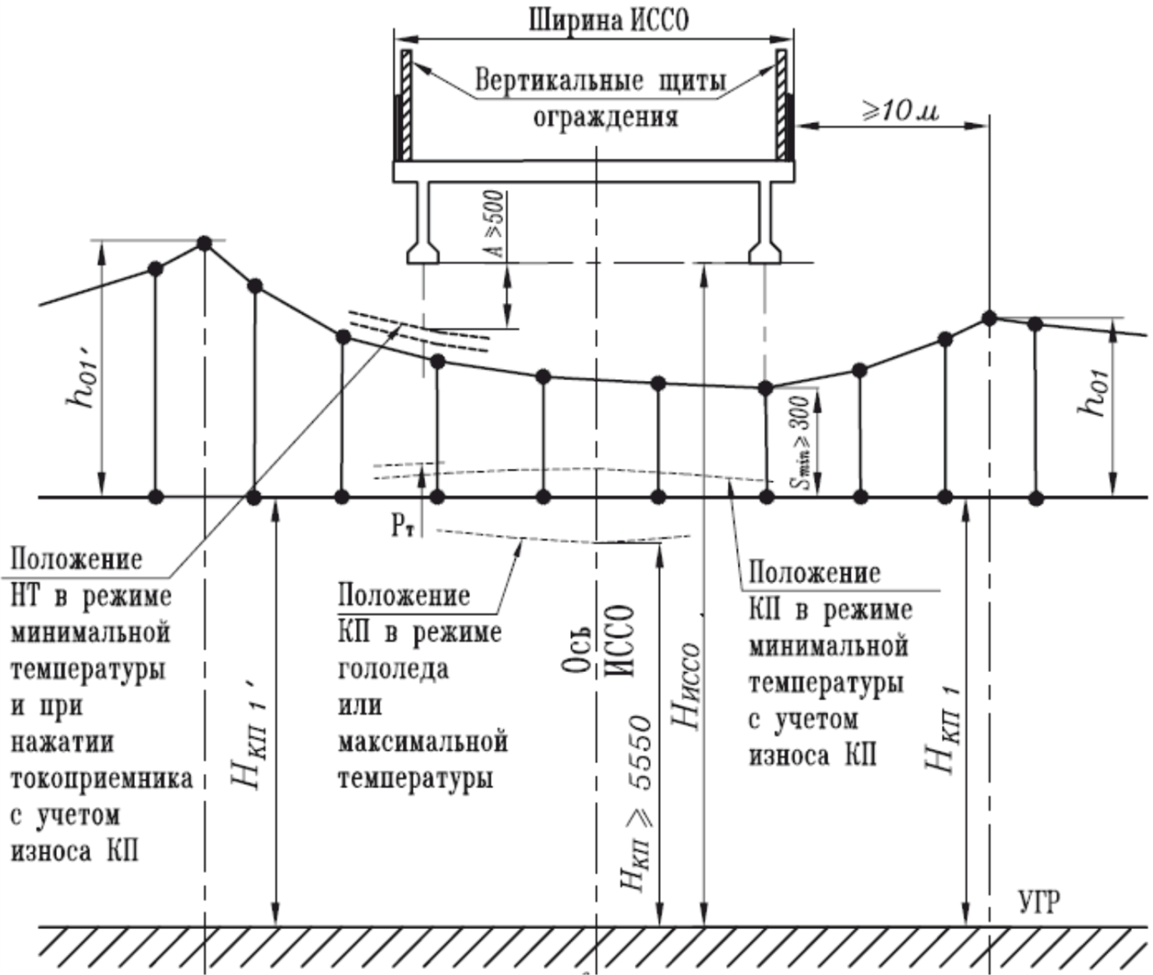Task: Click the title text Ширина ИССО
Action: coord(609,19)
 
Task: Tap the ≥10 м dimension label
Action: coord(900,110)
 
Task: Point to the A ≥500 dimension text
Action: coord(496,224)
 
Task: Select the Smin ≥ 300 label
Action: coord(802,443)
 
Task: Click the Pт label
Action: coord(402,526)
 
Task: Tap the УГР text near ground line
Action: coord(1039,902)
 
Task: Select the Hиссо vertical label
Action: coord(688,686)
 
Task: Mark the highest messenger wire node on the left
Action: coord(204,243)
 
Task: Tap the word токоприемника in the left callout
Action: coord(101,778)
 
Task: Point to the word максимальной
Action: coord(423,742)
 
